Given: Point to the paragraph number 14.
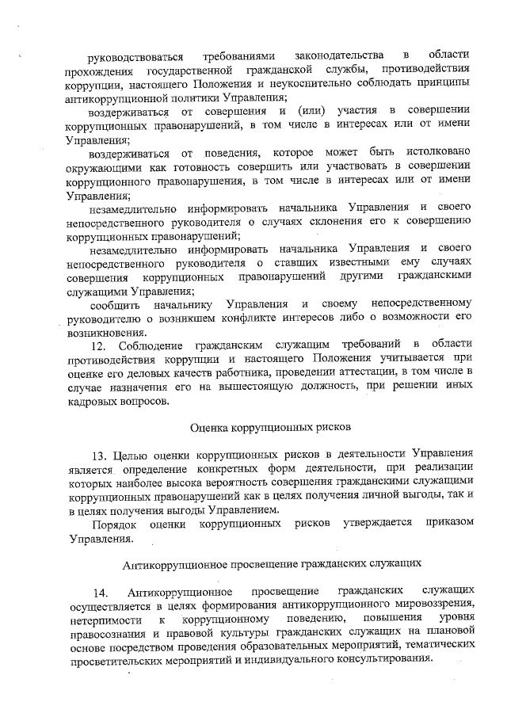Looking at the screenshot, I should click(100, 593).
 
